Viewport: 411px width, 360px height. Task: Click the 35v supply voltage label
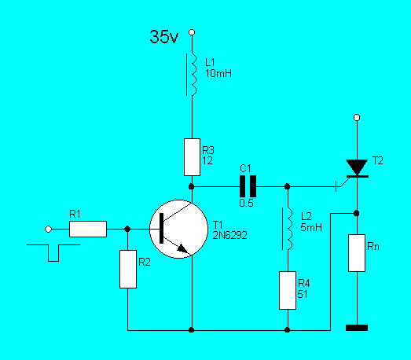[163, 36]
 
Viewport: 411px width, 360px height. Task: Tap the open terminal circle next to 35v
[192, 32]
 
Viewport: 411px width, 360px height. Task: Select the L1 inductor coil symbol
[193, 75]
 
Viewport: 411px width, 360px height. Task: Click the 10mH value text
[218, 73]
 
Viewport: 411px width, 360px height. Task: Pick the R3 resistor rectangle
[192, 157]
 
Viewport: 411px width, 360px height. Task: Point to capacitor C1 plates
[248, 186]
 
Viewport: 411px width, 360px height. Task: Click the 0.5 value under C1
[246, 203]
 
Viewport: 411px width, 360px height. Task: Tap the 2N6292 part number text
[229, 236]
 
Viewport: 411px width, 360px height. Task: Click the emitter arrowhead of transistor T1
[183, 248]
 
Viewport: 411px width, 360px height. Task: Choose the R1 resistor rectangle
[88, 230]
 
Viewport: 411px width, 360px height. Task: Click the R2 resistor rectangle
[128, 269]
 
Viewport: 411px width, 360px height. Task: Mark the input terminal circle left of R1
[48, 230]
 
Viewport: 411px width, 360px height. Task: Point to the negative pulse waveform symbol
[53, 253]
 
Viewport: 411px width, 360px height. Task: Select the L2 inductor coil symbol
[289, 229]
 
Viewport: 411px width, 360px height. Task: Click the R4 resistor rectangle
[288, 290]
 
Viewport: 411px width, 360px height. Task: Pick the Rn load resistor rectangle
[357, 253]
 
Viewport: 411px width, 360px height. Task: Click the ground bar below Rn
[357, 328]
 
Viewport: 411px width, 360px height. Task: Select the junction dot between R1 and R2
[127, 230]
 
